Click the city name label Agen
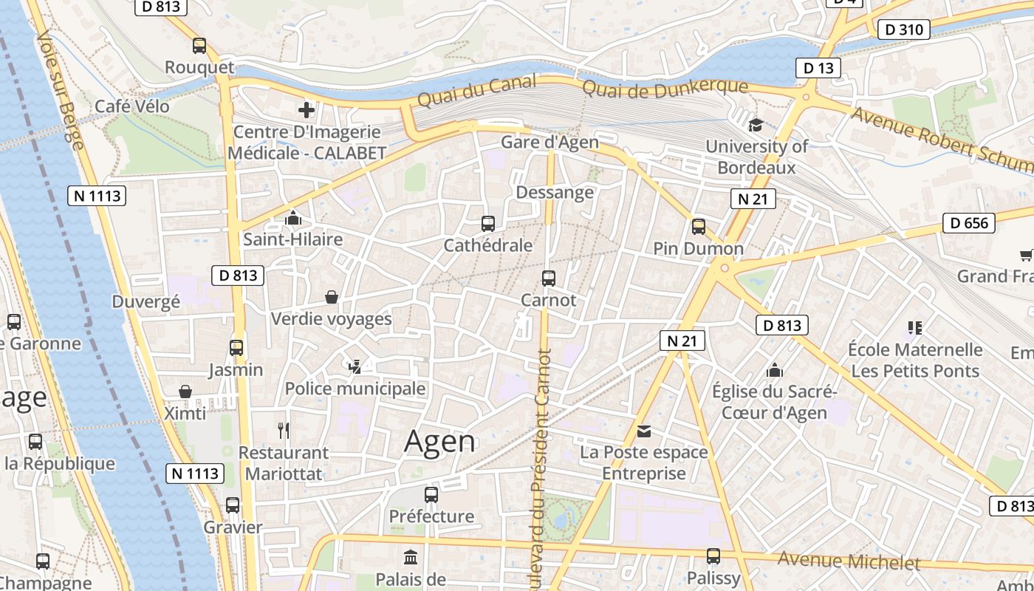coord(440,441)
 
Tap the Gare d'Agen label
coord(549,142)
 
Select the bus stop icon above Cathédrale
coord(487,223)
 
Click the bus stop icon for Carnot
coord(548,278)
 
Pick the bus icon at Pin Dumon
coord(698,227)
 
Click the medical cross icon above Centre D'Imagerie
coord(307,111)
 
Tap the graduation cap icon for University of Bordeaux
coord(756,125)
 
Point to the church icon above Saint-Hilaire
coord(293,218)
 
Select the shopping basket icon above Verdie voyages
coord(332,297)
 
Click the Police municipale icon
coord(355,366)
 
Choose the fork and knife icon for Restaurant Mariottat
coord(284,430)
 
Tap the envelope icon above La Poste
coord(644,431)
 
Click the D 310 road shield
coord(903,30)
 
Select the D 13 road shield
coord(818,68)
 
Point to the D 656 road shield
coord(969,222)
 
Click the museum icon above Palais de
coord(410,556)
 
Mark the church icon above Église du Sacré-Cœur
coord(774,369)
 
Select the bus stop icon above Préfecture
coord(431,494)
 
